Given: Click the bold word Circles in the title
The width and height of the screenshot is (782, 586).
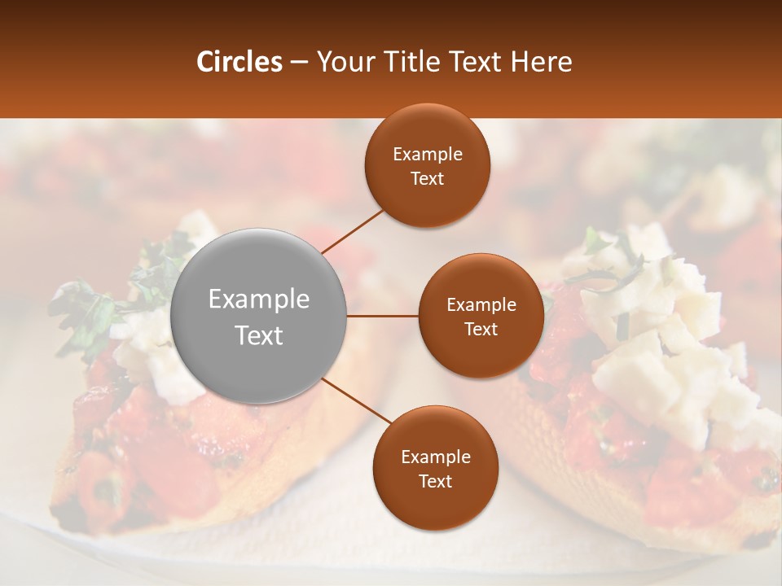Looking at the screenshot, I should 239,62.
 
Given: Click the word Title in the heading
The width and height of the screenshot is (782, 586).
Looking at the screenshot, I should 406,62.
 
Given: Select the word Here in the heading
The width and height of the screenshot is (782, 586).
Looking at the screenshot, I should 541,62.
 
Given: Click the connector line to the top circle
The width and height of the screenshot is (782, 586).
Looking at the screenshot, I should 352,231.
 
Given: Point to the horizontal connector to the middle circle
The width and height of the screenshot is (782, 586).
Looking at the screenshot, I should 383,316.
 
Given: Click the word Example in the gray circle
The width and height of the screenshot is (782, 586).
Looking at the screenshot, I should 259,300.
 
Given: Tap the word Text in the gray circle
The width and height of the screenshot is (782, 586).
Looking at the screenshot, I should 259,335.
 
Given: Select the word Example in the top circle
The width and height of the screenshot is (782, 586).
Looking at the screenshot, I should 428,154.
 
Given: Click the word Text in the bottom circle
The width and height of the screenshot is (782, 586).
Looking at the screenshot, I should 436,481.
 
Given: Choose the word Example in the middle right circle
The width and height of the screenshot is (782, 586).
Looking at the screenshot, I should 481,304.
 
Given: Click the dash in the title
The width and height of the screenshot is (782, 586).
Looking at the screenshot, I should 299,63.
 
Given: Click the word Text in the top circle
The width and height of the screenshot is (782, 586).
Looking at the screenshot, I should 428,178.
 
